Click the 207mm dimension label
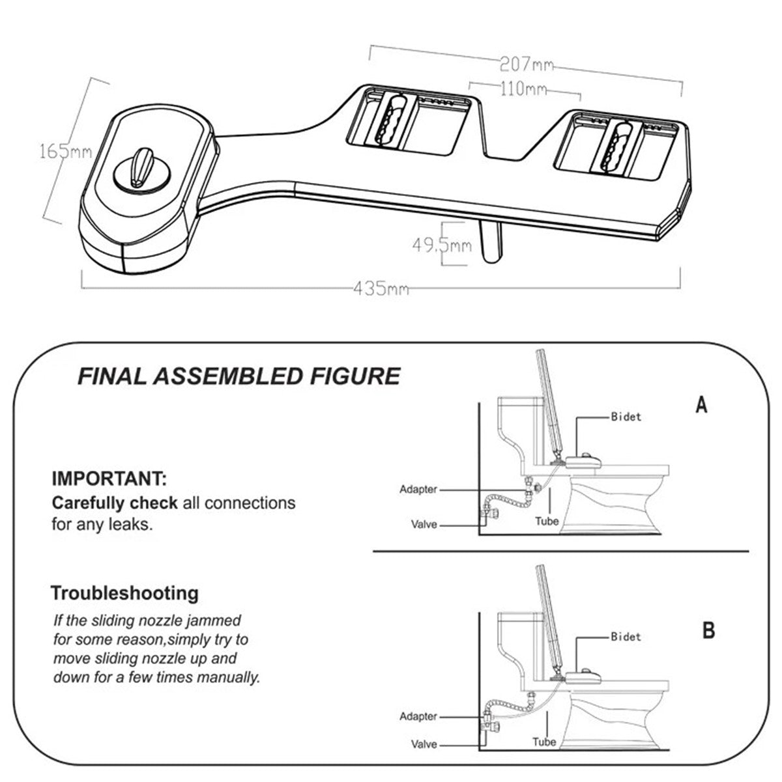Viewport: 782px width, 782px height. click(x=527, y=64)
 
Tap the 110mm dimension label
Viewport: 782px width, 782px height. click(x=523, y=89)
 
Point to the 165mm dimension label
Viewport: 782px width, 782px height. click(x=65, y=152)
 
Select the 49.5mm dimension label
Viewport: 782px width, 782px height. click(x=441, y=245)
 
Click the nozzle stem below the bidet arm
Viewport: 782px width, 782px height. click(x=491, y=240)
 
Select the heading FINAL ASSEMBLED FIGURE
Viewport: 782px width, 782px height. click(x=239, y=376)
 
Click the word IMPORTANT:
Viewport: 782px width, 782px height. click(x=109, y=481)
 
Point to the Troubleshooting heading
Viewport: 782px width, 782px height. click(x=124, y=593)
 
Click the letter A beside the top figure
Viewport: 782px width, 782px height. click(x=701, y=406)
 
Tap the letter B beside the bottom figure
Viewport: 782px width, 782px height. click(x=708, y=630)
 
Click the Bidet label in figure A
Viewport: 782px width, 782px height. click(x=626, y=417)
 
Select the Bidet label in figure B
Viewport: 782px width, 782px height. click(x=626, y=637)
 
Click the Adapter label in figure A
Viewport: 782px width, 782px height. click(x=418, y=489)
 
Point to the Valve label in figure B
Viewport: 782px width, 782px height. click(x=424, y=744)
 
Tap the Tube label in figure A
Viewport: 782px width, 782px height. click(x=547, y=521)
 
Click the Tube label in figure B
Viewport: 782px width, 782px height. click(x=543, y=742)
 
